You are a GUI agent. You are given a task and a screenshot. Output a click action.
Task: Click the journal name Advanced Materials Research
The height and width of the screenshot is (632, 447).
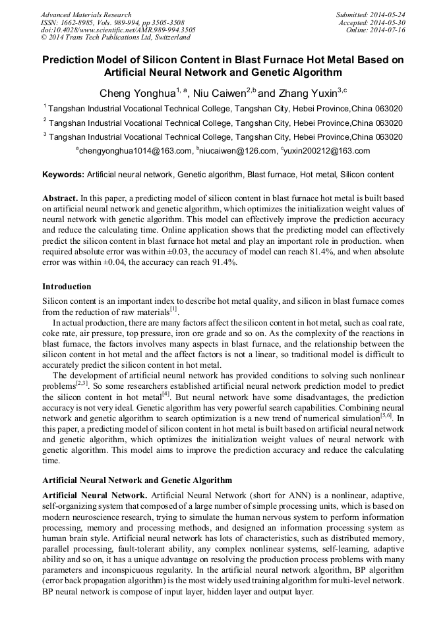tap(86, 14)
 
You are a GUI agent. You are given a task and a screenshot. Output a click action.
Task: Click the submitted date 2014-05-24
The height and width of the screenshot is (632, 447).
tap(388, 14)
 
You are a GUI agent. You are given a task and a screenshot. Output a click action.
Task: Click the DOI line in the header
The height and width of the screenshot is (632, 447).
tap(118, 30)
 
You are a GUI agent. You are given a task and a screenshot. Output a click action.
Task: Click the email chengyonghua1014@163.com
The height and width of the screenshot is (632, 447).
tap(134, 151)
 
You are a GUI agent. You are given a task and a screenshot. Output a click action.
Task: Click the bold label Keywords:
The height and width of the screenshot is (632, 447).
tap(63, 175)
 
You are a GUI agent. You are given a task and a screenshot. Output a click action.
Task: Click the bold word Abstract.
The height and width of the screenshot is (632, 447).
tap(59, 198)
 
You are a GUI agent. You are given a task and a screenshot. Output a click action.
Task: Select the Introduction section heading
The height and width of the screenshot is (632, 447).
tap(67, 287)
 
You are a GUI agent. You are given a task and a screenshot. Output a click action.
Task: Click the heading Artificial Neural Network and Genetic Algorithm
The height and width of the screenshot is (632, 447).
tap(137, 480)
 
